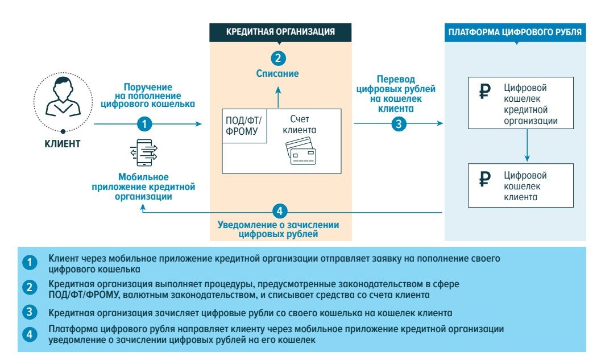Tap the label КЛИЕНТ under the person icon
62,144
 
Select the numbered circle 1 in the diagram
146,123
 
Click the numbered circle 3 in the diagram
399,123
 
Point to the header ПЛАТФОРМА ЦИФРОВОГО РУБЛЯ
515,32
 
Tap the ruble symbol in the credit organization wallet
484,92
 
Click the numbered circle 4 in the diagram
278,212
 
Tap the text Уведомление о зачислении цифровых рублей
278,229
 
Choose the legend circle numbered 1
29,263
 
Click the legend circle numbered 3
29,312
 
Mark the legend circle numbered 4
29,334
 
